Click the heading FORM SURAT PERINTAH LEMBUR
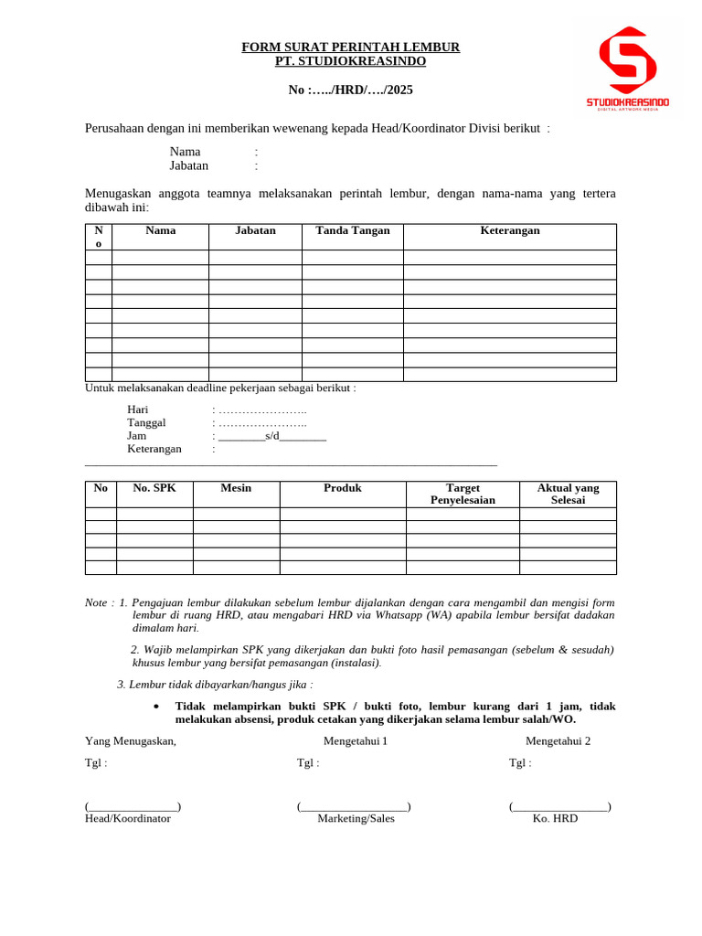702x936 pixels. pos(350,47)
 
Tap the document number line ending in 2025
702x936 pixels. pos(350,90)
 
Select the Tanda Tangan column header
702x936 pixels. pos(352,230)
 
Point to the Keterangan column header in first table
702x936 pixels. pos(509,230)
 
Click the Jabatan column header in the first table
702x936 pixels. pos(255,230)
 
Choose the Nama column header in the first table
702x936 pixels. pos(160,230)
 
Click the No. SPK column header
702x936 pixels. pos(154,488)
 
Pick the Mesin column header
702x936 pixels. pos(236,488)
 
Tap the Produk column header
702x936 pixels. pos(343,488)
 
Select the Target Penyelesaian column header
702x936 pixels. pos(463,494)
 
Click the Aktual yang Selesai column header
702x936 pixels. pos(568,494)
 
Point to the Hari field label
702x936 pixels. pos(137,409)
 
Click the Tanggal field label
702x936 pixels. pos(146,422)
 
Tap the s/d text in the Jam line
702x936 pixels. pos(272,435)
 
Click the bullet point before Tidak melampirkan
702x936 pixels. pos(156,707)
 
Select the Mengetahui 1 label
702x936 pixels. pos(356,740)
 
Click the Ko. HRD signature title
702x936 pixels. pos(555,818)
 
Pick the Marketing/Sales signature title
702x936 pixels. pos(356,818)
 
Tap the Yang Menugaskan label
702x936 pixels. pos(130,740)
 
